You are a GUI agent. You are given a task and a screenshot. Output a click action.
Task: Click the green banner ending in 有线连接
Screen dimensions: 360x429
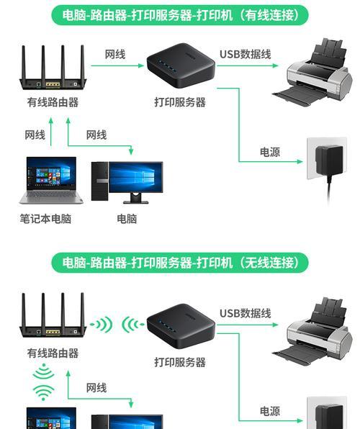click(x=179, y=15)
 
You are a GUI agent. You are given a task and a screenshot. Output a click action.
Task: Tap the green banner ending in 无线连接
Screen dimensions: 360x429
click(x=179, y=263)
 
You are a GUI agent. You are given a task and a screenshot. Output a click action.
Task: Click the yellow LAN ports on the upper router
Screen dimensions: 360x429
click(x=53, y=84)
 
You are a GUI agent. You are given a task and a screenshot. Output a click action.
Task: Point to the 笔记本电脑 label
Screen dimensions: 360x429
click(x=45, y=219)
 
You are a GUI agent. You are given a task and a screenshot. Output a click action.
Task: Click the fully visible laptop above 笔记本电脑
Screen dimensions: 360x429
click(x=51, y=180)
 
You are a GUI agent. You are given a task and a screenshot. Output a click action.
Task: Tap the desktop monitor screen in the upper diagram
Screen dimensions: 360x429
click(x=135, y=177)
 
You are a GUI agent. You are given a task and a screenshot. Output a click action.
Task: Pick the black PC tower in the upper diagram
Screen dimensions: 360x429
click(x=99, y=181)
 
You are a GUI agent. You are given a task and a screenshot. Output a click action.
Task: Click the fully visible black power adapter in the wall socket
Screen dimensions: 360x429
click(x=329, y=161)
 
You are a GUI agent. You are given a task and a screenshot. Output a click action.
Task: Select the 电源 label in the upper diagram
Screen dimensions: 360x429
click(x=270, y=152)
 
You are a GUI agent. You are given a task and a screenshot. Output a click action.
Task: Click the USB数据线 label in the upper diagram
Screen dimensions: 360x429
click(x=246, y=54)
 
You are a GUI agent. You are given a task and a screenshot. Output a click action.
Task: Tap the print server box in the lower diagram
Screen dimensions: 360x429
click(x=181, y=326)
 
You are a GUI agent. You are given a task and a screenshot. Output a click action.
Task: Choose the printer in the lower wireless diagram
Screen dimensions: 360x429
click(x=312, y=328)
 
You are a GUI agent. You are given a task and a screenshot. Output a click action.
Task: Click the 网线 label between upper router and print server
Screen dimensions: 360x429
click(x=115, y=54)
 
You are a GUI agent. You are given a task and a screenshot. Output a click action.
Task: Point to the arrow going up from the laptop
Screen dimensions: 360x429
click(x=51, y=132)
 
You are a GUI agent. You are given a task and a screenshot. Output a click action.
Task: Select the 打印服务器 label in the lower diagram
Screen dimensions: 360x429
click(x=180, y=362)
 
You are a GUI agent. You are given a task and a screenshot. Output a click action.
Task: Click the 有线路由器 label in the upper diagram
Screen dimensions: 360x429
click(x=53, y=102)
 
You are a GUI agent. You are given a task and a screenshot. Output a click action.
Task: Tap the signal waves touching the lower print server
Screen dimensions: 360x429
click(x=132, y=325)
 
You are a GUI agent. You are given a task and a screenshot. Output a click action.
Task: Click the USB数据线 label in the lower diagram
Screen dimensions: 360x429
click(x=246, y=313)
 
